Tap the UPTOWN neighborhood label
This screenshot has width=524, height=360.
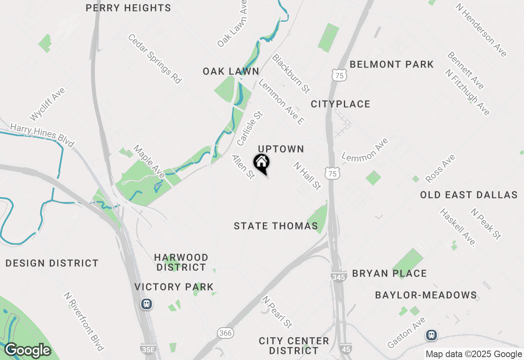point(281,149)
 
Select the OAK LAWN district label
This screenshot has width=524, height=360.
point(231,72)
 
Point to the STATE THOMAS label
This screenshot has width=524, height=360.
point(276,226)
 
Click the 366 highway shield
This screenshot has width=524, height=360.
point(226,333)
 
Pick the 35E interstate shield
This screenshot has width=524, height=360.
point(147,349)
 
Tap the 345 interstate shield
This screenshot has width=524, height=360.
point(339,277)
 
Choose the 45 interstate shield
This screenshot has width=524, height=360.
point(345,349)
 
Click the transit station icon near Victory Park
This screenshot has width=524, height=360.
point(147,304)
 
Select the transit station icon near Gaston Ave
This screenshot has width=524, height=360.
point(431,335)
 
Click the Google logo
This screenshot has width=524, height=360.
point(27,350)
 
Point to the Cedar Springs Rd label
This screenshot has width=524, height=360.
point(155,59)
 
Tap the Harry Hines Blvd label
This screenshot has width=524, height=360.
point(42,135)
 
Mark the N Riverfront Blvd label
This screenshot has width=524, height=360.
point(84,322)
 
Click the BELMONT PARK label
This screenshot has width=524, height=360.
point(392,64)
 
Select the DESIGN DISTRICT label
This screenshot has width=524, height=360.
point(52,263)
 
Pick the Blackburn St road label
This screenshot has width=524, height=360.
point(291,73)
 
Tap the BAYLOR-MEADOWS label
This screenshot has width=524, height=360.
point(426,295)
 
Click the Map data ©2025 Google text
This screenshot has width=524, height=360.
point(474,354)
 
